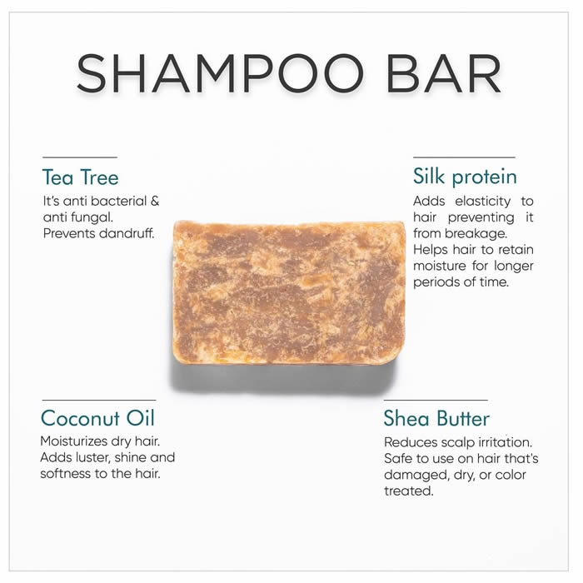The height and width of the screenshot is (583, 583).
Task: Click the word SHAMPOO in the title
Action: pyautogui.click(x=220, y=73)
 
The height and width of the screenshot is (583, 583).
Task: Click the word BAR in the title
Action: pyautogui.click(x=444, y=73)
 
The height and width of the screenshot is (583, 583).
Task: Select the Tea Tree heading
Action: pyautogui.click(x=80, y=177)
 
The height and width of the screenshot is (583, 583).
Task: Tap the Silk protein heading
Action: pyautogui.click(x=465, y=177)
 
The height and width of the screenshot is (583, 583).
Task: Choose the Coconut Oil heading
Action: pyautogui.click(x=97, y=418)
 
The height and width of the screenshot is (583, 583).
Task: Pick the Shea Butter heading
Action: pyautogui.click(x=436, y=419)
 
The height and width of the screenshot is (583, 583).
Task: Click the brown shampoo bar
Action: pyautogui.click(x=289, y=292)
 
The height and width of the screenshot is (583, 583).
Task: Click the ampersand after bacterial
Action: pyautogui.click(x=155, y=202)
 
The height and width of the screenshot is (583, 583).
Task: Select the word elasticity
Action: pyautogui.click(x=483, y=202)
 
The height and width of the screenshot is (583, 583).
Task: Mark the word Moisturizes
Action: pyautogui.click(x=69, y=441)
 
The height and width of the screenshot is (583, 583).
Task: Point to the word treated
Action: pyautogui.click(x=409, y=491)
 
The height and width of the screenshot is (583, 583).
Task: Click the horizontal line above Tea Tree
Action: pyautogui.click(x=80, y=157)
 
